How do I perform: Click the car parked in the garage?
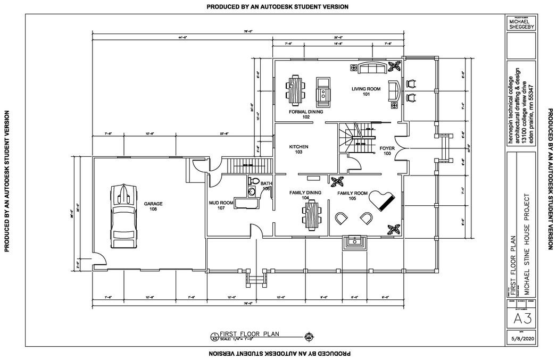coord(123,215)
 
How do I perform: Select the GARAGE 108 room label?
coord(153,206)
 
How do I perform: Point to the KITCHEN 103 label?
coord(298,149)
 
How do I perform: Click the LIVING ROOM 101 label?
coord(366,91)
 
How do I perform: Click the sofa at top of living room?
coord(374,68)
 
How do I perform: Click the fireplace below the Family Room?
coord(354,242)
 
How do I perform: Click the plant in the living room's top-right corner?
coord(394,66)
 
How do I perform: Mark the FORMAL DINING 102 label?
coord(306,114)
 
